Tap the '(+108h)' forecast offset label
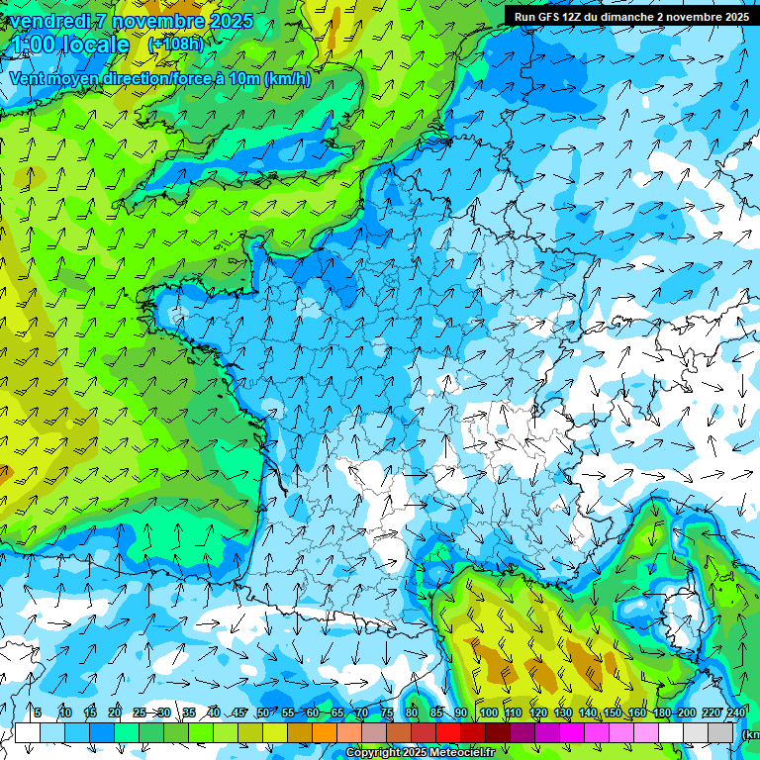pos(175,45)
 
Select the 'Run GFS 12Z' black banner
pos(631,17)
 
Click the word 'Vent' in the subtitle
pos(28,79)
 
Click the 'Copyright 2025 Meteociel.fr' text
pos(420,753)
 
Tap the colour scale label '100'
pos(488,713)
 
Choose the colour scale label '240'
pos(735,713)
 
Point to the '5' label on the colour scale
pos(38,713)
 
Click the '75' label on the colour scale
pos(387,713)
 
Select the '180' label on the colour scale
pos(661,713)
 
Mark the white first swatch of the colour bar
pos(28,732)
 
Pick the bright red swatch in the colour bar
pos(448,732)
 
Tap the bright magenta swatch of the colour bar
pos(572,732)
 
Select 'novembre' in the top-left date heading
pos(157,21)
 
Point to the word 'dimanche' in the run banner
pos(624,17)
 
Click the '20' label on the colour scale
pos(115,713)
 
